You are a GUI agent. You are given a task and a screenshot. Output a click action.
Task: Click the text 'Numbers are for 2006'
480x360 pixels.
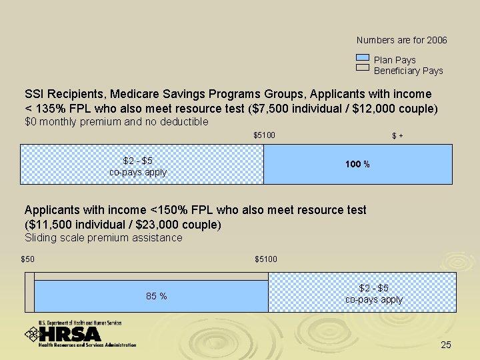coord(401,41)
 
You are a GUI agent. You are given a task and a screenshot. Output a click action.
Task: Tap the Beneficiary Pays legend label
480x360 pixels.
coord(408,71)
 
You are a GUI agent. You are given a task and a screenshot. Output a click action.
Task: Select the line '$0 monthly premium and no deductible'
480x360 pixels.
coord(117,121)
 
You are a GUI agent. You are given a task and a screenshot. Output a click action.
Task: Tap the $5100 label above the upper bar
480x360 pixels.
coord(264,136)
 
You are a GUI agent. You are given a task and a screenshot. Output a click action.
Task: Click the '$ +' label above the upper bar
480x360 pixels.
coord(397,137)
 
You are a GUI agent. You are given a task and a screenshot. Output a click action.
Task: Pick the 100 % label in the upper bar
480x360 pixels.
coord(357,164)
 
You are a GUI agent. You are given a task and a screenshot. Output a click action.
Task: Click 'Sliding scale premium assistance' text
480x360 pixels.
coord(103,238)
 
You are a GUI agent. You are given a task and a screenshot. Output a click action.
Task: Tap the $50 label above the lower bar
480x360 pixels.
coord(27,259)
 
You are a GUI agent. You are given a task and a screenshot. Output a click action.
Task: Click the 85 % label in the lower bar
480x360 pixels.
coord(156,296)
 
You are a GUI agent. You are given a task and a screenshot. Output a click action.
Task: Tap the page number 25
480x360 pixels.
coord(446,345)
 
